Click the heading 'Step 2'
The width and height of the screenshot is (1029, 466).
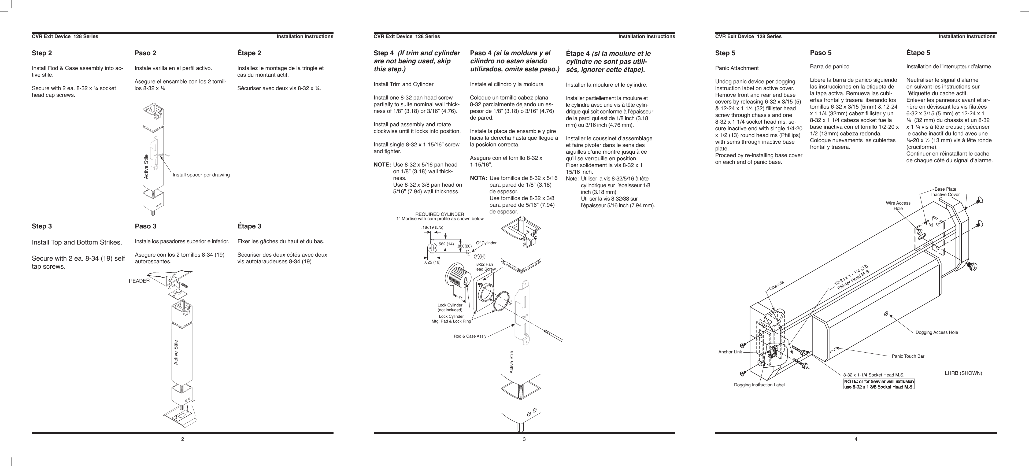tap(42, 53)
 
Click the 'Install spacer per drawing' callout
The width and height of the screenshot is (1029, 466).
tap(201, 175)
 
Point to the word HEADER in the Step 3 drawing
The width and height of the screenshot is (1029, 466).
tap(139, 281)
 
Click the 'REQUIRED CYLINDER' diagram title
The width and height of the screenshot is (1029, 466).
tap(439, 214)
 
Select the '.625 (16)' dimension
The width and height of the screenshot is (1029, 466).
tap(432, 262)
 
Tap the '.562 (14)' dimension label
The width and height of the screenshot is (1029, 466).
tap(446, 244)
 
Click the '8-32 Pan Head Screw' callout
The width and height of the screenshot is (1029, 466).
tap(484, 267)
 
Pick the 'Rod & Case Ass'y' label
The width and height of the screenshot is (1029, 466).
tap(470, 336)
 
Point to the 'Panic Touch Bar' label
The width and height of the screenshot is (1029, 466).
tap(908, 356)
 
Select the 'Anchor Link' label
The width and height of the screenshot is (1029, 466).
tap(730, 352)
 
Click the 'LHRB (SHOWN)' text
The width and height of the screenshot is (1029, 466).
tap(963, 373)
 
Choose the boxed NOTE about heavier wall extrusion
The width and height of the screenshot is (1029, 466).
tap(878, 384)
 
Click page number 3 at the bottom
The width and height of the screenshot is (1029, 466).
tap(524, 439)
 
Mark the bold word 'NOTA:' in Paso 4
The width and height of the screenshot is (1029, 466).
tap(478, 178)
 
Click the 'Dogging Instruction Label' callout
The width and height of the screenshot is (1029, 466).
tap(759, 385)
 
